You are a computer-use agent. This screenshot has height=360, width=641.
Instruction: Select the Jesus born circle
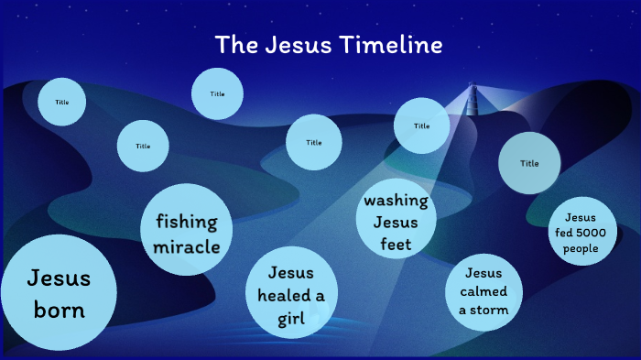click(59, 293)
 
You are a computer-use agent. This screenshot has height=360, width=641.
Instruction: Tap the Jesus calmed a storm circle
click(483, 292)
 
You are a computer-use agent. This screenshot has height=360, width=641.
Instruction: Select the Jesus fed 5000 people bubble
click(581, 233)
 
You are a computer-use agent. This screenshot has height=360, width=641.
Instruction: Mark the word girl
click(290, 319)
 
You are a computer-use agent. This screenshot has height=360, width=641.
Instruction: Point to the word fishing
click(187, 222)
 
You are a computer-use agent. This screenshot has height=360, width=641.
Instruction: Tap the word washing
click(396, 201)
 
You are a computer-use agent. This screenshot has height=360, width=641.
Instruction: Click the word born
click(59, 310)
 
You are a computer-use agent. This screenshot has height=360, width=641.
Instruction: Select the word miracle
click(186, 246)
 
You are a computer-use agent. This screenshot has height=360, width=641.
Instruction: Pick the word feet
click(396, 245)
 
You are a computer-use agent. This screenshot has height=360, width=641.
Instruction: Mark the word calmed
click(483, 292)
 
